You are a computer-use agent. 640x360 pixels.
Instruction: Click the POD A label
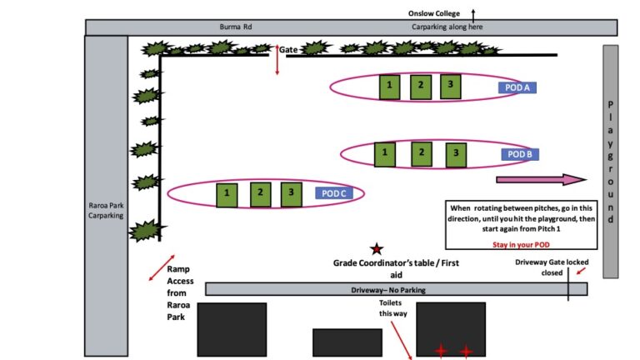518,87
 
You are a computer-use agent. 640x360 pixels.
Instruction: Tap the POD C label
336,193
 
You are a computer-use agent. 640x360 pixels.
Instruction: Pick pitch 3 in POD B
456,154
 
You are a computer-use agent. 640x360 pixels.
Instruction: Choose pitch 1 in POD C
227,194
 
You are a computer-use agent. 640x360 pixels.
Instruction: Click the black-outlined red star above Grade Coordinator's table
377,248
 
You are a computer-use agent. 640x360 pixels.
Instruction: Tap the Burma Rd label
236,27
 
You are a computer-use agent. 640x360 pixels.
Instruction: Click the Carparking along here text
447,27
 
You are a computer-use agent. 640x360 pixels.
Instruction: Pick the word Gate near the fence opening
288,50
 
